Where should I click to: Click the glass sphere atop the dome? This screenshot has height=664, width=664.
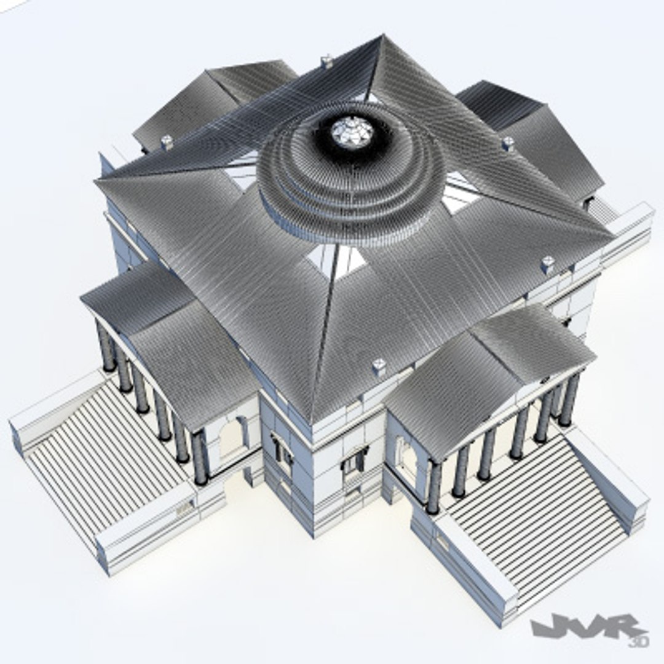click(352, 132)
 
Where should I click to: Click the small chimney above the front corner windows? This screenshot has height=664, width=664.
click(379, 366)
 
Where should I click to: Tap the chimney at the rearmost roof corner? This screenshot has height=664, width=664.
click(328, 61)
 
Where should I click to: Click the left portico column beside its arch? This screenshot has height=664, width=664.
click(200, 458)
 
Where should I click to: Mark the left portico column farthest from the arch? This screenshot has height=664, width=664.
click(106, 347)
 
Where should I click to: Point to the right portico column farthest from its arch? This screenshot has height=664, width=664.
click(569, 400)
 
